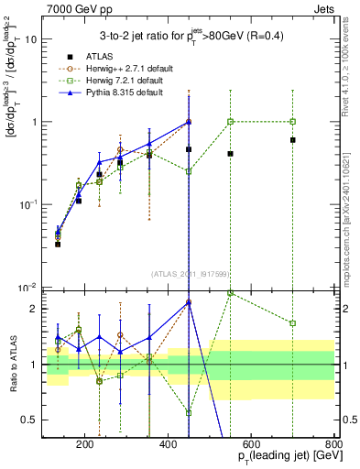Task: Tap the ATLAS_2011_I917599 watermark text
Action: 190,273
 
